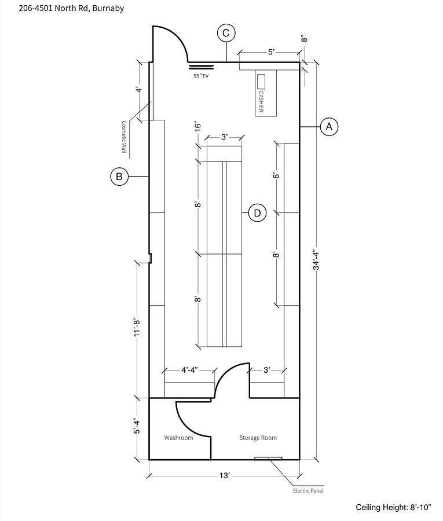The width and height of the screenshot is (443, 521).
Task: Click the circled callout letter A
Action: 329,127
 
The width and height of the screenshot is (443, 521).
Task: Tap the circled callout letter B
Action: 119,177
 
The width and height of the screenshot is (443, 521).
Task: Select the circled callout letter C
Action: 226,33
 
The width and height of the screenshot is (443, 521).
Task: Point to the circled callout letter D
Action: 258,213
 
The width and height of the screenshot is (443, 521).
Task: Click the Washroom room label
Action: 178,438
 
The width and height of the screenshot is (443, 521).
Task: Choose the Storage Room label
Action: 258,438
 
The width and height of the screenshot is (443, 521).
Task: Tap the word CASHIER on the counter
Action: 261,102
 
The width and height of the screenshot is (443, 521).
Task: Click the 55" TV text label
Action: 201,76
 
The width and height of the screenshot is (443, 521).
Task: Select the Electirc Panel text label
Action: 308,491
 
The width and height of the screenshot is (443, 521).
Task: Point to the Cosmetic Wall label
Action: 124,137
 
